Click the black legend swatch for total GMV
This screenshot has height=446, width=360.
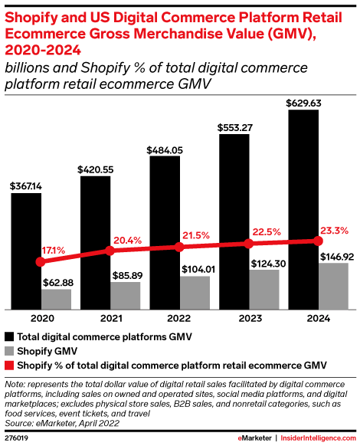[9, 336]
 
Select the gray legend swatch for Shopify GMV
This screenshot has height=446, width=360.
[9, 349]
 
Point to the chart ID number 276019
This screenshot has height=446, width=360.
[18, 438]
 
